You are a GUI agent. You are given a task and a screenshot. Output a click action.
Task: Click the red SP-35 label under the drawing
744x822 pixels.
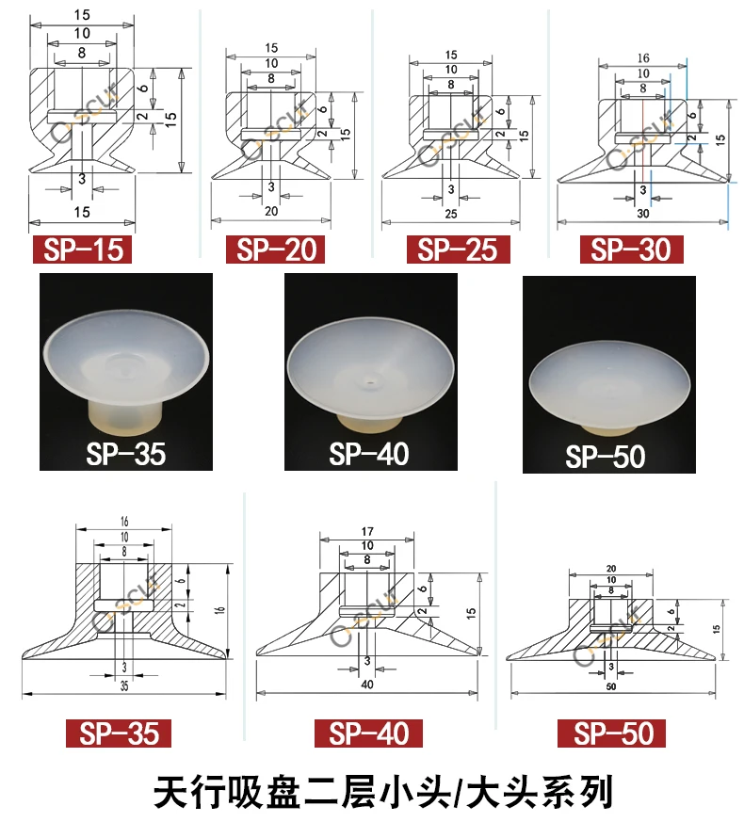pyautogui.click(x=119, y=733)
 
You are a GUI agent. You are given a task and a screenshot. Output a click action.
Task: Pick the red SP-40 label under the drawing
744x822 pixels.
pyautogui.click(x=369, y=733)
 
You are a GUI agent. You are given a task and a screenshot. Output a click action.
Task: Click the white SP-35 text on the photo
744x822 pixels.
pyautogui.click(x=125, y=454)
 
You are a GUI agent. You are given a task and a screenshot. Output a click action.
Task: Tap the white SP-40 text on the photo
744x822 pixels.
pyautogui.click(x=369, y=454)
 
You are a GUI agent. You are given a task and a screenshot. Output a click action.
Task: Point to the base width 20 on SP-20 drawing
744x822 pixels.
pyautogui.click(x=271, y=212)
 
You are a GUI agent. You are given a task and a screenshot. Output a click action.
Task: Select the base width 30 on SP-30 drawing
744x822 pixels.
pyautogui.click(x=643, y=214)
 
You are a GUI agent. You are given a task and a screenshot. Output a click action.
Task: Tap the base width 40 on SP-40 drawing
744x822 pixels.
pyautogui.click(x=366, y=685)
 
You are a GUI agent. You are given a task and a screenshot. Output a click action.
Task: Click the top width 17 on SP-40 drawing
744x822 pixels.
pyautogui.click(x=366, y=531)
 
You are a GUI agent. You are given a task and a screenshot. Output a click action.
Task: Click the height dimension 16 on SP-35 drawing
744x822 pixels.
pyautogui.click(x=220, y=610)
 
